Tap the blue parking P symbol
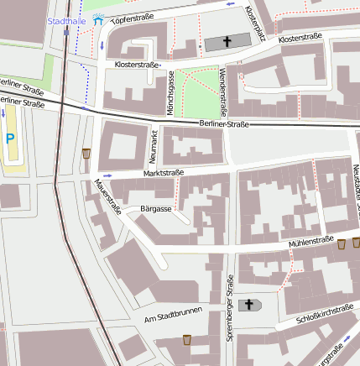click(9, 139)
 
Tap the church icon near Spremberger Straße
click(249, 305)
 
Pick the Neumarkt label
click(153, 145)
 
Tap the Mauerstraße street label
click(107, 196)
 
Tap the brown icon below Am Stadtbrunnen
click(186, 339)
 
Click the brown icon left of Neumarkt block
click(86, 154)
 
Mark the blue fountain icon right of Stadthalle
click(98, 21)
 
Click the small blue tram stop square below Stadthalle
click(65, 31)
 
